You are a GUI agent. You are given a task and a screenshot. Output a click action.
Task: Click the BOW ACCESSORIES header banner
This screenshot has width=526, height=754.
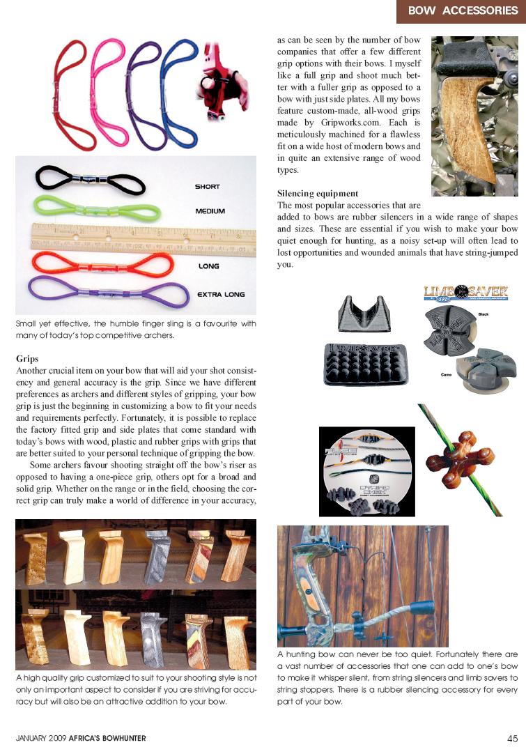pyautogui.click(x=462, y=10)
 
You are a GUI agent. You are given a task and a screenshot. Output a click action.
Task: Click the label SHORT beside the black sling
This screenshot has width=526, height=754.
pyautogui.click(x=207, y=187)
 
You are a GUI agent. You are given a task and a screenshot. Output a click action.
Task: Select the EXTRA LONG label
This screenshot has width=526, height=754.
pyautogui.click(x=221, y=294)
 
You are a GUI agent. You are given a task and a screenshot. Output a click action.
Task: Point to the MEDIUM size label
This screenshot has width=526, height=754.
pyautogui.click(x=210, y=210)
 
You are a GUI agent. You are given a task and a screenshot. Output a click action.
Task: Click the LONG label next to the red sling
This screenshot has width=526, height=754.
pyautogui.click(x=208, y=266)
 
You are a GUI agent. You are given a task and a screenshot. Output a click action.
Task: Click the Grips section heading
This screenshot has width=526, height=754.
pyautogui.click(x=27, y=358)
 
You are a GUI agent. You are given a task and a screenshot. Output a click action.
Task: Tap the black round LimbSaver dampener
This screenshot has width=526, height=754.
pyautogui.click(x=448, y=332)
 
